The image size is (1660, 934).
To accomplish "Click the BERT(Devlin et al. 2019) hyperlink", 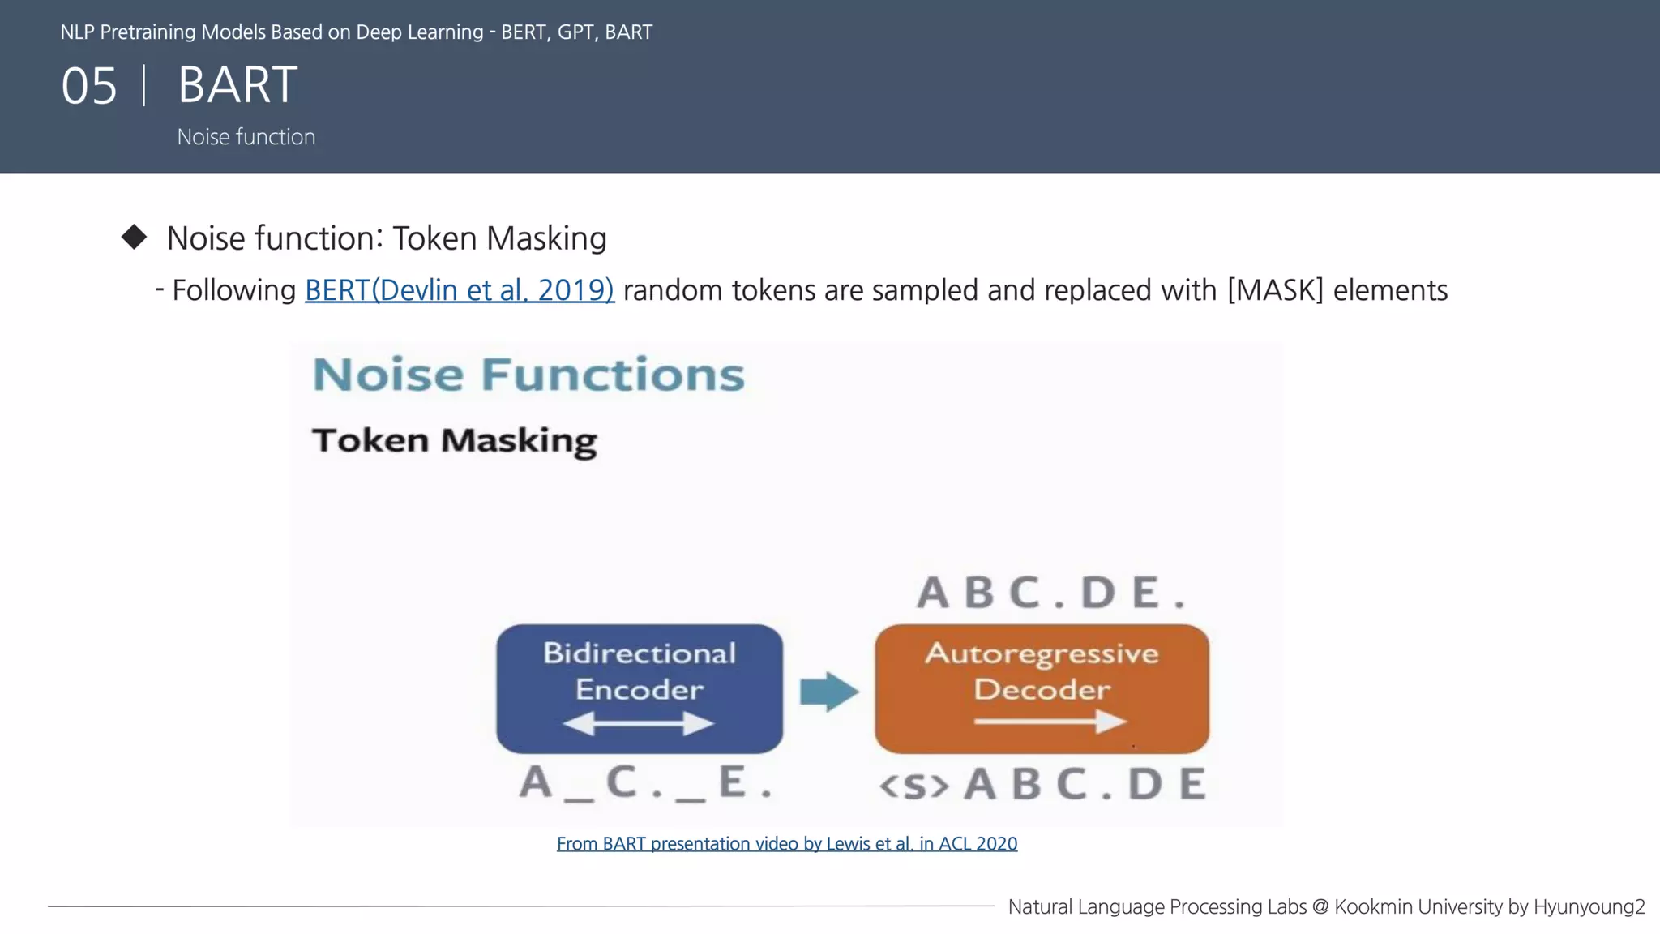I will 459,290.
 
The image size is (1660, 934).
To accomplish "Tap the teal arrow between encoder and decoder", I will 828,692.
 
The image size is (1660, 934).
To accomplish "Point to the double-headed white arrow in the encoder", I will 639,723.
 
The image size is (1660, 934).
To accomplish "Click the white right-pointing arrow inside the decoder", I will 1050,721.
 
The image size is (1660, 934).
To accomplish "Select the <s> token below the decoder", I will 913,785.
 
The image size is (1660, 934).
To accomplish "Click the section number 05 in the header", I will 89,86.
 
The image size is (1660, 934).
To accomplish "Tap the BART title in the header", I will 237,84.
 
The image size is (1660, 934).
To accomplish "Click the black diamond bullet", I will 134,238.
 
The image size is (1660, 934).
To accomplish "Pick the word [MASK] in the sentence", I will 1274,290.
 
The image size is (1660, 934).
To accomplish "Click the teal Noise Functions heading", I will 528,375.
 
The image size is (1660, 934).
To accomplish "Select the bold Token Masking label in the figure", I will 454,440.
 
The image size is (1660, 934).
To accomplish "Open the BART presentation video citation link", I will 786,844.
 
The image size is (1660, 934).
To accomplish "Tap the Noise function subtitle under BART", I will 246,137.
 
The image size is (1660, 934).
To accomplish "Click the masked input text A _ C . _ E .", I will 645,783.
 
